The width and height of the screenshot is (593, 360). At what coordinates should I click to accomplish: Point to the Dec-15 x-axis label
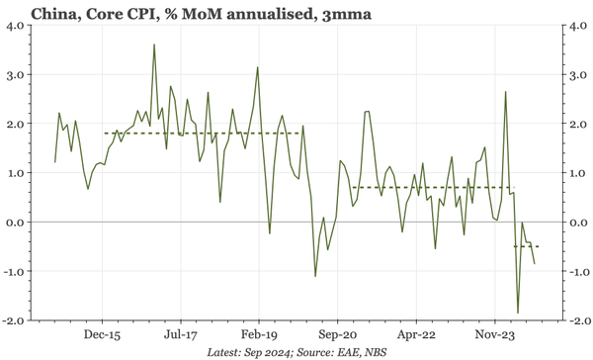pos(103,334)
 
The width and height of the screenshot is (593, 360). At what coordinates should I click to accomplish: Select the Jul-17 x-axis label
pos(180,334)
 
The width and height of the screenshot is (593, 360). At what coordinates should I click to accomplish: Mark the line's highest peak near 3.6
pos(154,45)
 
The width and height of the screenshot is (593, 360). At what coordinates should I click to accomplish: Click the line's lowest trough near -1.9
pos(518,313)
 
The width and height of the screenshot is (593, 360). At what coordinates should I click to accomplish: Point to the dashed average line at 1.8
pos(198,134)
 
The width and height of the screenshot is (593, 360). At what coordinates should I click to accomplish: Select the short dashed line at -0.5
pos(525,246)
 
